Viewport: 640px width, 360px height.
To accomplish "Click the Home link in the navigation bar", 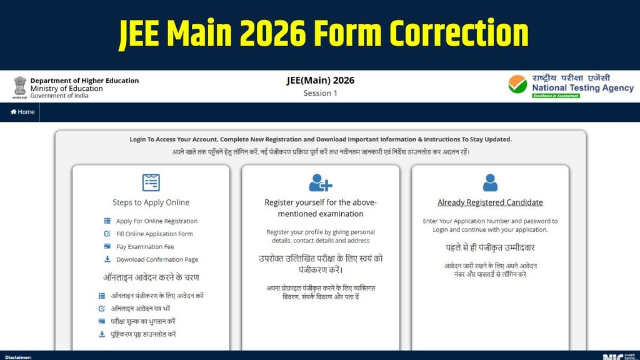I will coord(23,112).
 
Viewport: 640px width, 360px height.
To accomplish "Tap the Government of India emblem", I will coord(19,88).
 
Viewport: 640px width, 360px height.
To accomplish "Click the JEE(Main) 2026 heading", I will coord(320,80).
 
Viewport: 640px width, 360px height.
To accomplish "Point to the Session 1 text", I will coord(320,94).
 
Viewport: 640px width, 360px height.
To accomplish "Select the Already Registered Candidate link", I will coord(490,202).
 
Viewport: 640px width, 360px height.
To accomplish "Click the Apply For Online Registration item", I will coord(156,221).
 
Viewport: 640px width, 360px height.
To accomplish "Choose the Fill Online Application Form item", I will coord(154,234).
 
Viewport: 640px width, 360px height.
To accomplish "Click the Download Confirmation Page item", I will coord(157,259).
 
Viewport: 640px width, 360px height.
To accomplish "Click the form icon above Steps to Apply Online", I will coord(151,182).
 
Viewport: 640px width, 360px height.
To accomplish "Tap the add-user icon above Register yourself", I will coord(320,182).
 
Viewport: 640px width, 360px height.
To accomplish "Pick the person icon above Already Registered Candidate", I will coord(490,182).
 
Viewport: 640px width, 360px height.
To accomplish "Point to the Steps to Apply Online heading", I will coord(151,202).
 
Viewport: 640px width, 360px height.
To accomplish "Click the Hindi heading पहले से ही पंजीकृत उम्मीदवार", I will coord(490,247).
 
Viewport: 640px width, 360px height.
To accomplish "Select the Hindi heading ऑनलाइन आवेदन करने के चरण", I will coord(151,277).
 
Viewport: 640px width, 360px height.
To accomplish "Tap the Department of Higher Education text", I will coord(84,81).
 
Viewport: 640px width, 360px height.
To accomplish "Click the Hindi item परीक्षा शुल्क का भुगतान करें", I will coord(142,321).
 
